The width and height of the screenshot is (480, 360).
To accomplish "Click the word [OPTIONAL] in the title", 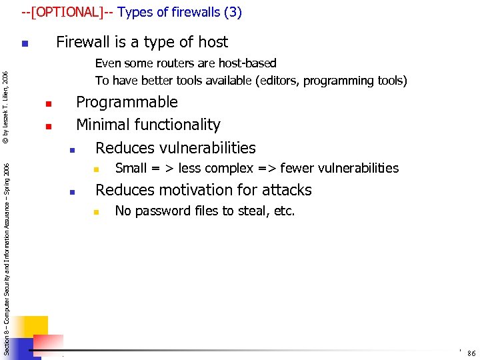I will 67,12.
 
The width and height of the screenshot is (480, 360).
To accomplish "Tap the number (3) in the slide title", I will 233,12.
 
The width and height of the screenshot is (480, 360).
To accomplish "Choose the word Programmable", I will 127,102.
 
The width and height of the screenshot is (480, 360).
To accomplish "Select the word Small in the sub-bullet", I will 131,168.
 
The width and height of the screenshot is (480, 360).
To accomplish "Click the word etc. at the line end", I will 284,211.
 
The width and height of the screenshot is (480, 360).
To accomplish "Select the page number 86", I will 471,353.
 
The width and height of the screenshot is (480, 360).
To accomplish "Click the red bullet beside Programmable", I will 49,104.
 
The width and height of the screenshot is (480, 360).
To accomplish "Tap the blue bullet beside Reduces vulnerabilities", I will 72,149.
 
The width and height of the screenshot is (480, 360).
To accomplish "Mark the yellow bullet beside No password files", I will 95,213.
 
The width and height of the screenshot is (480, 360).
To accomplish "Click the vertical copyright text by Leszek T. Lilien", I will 5,107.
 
